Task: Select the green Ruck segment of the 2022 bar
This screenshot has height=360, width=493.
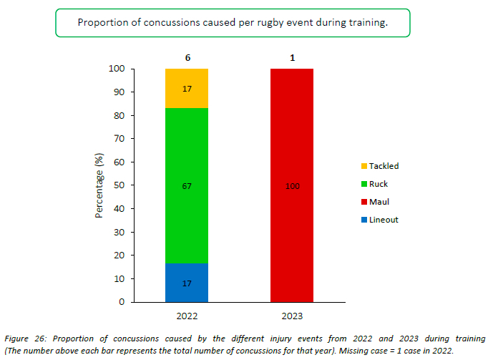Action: point(187,165)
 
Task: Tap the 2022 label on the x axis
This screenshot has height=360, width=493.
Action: point(187,315)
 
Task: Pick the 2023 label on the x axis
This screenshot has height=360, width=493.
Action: point(292,315)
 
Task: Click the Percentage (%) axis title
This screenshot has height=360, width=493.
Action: point(101,185)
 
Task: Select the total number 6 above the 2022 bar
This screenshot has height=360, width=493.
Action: point(187,57)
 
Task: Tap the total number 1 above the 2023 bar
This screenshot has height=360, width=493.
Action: point(292,57)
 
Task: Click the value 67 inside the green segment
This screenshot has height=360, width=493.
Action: point(187,186)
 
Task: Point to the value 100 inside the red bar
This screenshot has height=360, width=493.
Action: point(292,186)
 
